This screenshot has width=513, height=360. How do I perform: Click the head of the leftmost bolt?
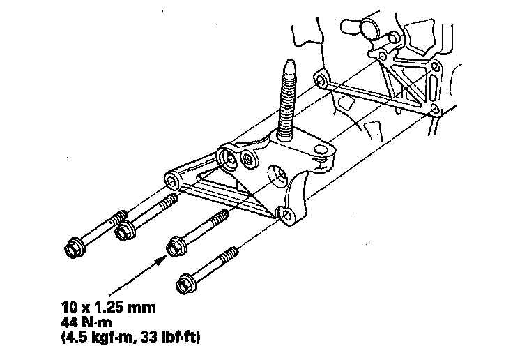pos(72,247)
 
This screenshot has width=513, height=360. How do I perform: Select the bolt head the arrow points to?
pos(176,246)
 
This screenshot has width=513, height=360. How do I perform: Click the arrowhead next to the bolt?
pos(162,258)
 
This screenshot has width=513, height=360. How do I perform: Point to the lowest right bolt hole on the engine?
pos(434,110)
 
